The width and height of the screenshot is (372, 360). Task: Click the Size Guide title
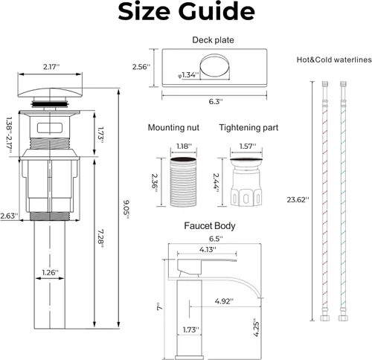186,12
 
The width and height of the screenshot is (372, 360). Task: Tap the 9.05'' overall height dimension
126,210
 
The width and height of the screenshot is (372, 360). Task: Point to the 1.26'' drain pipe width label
50,272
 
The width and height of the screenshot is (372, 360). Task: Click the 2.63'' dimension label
9,216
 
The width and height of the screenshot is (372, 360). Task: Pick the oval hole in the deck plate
215,65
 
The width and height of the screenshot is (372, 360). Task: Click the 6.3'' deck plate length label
216,101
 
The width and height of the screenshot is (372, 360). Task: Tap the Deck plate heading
213,40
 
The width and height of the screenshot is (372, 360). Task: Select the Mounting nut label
173,127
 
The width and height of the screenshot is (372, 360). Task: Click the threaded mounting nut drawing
184,181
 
